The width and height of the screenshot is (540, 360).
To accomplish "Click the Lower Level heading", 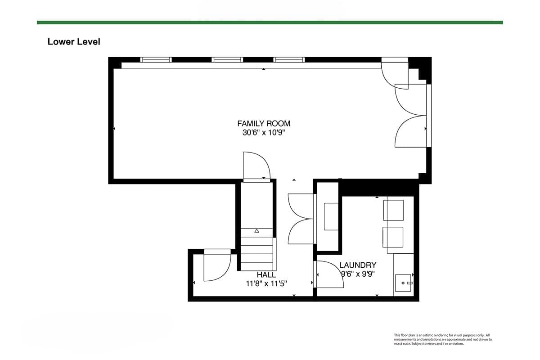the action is tap(74, 42).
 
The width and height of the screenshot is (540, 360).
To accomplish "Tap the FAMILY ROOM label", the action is tap(264, 123).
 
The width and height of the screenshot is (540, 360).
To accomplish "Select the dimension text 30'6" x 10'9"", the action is tap(264, 132).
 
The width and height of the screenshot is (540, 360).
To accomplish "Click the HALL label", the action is tap(266, 274).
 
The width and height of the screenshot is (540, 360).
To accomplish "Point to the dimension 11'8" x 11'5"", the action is tap(266, 283).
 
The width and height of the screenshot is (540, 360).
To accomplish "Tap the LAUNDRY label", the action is tap(358, 265).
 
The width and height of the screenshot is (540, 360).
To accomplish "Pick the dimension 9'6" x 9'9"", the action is tap(358, 274).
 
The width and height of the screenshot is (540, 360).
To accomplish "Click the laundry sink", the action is tap(403, 283).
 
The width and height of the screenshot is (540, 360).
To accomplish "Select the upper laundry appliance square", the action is tap(393, 210).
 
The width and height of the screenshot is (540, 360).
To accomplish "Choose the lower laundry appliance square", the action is tap(393, 237).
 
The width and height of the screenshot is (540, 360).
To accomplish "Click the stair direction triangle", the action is tap(257, 231).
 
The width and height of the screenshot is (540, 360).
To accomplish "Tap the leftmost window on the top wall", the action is tap(156, 59).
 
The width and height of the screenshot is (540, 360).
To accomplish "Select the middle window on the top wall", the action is tap(227, 59).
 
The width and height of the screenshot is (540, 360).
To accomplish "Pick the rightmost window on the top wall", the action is tap(289, 59).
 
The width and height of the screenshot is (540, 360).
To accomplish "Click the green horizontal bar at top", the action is tap(270, 22).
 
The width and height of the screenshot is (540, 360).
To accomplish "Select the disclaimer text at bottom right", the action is tap(443, 339).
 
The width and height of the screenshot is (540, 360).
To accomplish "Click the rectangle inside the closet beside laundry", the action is tap(331, 216).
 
